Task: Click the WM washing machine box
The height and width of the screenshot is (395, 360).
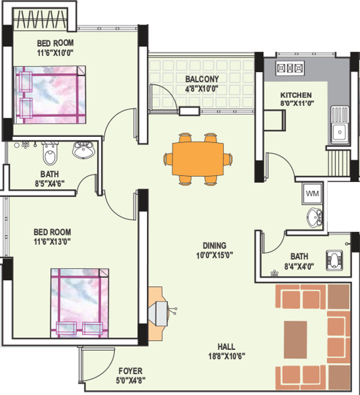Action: [312, 193]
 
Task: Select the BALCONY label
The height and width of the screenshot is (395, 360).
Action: [202, 79]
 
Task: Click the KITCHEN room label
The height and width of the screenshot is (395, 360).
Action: [296, 95]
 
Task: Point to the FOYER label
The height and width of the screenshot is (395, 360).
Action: [130, 372]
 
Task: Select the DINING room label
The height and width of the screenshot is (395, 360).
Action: [214, 246]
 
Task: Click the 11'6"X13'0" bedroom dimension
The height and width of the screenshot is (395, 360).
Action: [53, 241]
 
